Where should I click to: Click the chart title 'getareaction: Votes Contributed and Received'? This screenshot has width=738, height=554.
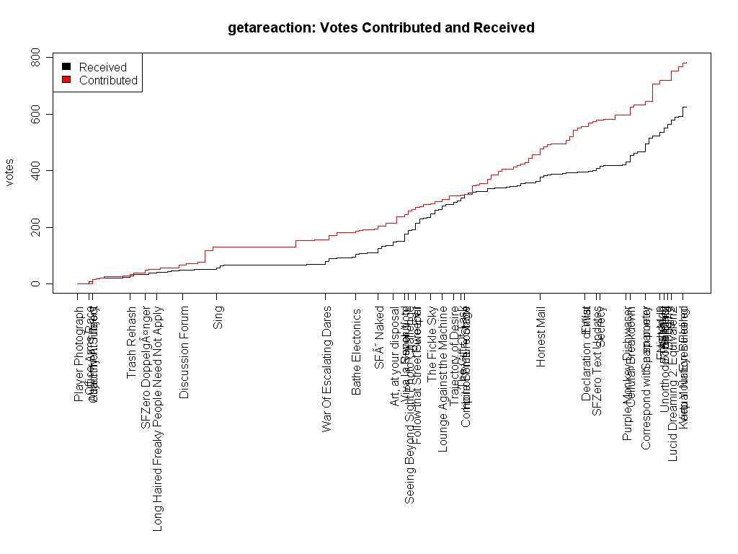(381, 28)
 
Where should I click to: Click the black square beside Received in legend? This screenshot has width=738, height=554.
(66, 67)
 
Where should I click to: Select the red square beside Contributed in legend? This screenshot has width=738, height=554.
(66, 80)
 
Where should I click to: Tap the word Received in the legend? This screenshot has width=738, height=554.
(103, 67)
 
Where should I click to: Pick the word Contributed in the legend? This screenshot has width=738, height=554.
(108, 80)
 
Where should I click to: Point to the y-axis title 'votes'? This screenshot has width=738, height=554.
(10, 172)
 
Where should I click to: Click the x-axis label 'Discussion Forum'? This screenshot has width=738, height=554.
(184, 352)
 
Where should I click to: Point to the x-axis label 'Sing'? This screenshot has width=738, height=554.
(218, 317)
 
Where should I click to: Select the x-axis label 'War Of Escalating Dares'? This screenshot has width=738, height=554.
(327, 369)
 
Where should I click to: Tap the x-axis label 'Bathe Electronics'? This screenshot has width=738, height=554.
(356, 351)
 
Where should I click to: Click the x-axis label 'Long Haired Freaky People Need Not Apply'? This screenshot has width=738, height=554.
(158, 418)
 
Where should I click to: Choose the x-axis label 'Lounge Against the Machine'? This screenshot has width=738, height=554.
(443, 379)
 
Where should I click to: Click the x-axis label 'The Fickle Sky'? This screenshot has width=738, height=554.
(431, 343)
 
